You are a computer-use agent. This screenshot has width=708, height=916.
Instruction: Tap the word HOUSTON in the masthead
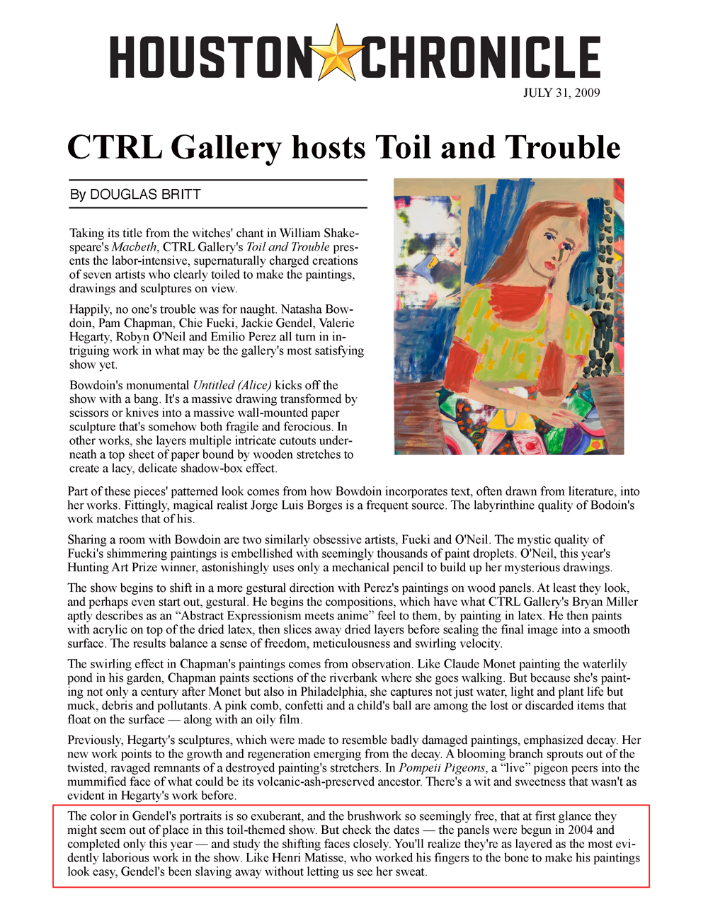[210, 57]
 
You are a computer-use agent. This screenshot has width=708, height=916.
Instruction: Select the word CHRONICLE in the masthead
[480, 57]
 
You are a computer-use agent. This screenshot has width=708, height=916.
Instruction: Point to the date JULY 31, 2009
[561, 93]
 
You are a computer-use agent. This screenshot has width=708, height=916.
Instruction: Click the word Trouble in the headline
[563, 147]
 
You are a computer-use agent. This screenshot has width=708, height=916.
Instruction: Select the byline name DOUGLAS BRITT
[145, 195]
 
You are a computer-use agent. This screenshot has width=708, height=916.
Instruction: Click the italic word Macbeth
[134, 247]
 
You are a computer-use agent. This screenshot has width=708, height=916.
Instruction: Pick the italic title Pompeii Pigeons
[442, 768]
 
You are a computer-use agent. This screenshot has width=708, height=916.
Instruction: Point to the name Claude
[457, 664]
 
